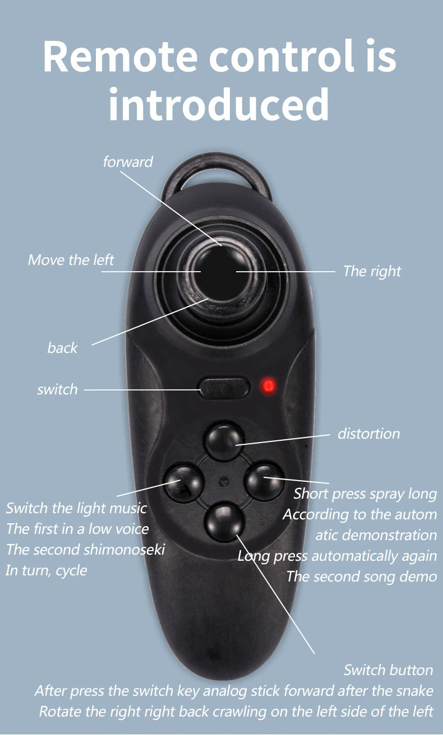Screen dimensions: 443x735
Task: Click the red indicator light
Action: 268,385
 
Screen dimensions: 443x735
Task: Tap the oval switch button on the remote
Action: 224,388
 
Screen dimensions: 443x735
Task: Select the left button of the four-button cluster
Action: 184,482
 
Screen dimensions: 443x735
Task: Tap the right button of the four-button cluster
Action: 265,482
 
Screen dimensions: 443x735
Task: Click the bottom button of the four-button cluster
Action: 225,523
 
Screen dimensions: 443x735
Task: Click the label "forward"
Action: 128,162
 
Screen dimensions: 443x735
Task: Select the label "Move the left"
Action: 71,260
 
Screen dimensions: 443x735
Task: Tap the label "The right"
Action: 372,271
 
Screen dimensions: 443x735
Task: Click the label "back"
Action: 62,348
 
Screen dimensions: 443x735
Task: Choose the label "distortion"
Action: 369,434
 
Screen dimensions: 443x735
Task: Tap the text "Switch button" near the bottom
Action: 388,670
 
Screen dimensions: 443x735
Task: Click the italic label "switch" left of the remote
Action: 57,389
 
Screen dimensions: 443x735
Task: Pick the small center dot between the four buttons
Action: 224,482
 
